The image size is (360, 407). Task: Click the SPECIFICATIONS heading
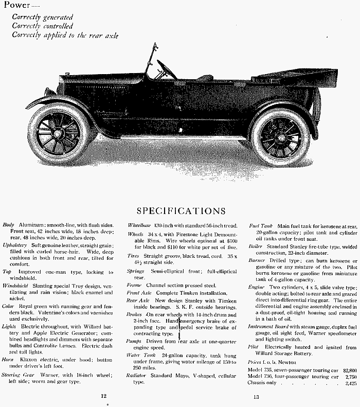pyautogui.click(x=181, y=211)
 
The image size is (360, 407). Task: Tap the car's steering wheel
pyautogui.click(x=166, y=69)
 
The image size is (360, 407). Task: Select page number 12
pyautogui.click(x=104, y=396)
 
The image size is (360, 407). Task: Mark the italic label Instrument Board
pyautogui.click(x=267, y=326)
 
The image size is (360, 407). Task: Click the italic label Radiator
pyautogui.click(x=137, y=375)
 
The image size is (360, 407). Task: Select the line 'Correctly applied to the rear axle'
pyautogui.click(x=65, y=35)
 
